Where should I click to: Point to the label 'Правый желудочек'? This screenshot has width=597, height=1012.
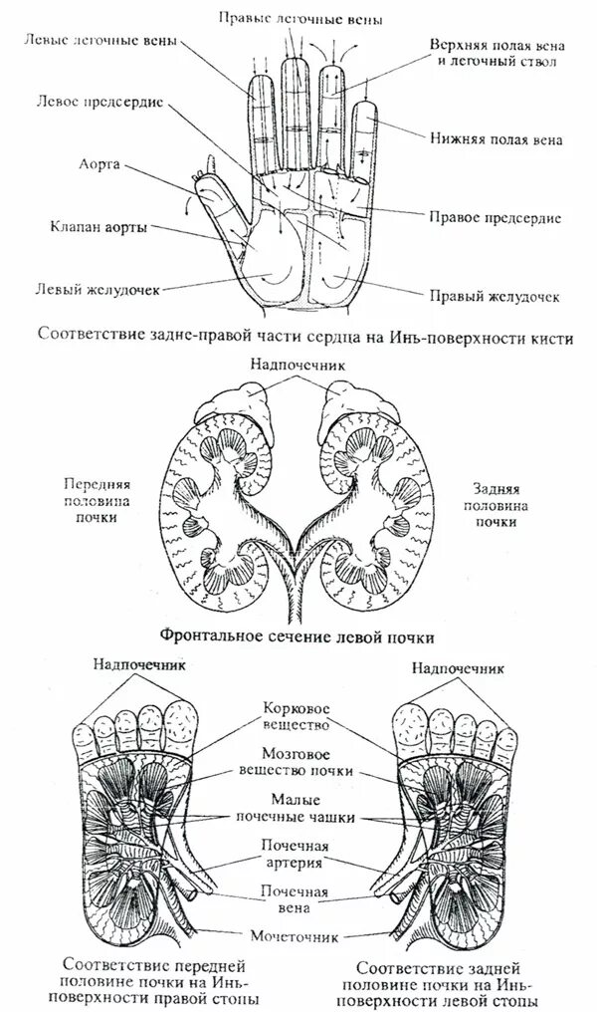(x=494, y=296)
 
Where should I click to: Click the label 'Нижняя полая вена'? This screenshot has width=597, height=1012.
(x=497, y=140)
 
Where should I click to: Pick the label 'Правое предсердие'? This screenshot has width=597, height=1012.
(x=496, y=216)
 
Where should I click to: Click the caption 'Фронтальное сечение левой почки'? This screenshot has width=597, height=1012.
(x=298, y=633)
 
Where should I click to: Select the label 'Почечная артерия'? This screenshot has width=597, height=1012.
(x=296, y=855)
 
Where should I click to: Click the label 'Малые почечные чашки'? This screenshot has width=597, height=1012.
(x=296, y=809)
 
